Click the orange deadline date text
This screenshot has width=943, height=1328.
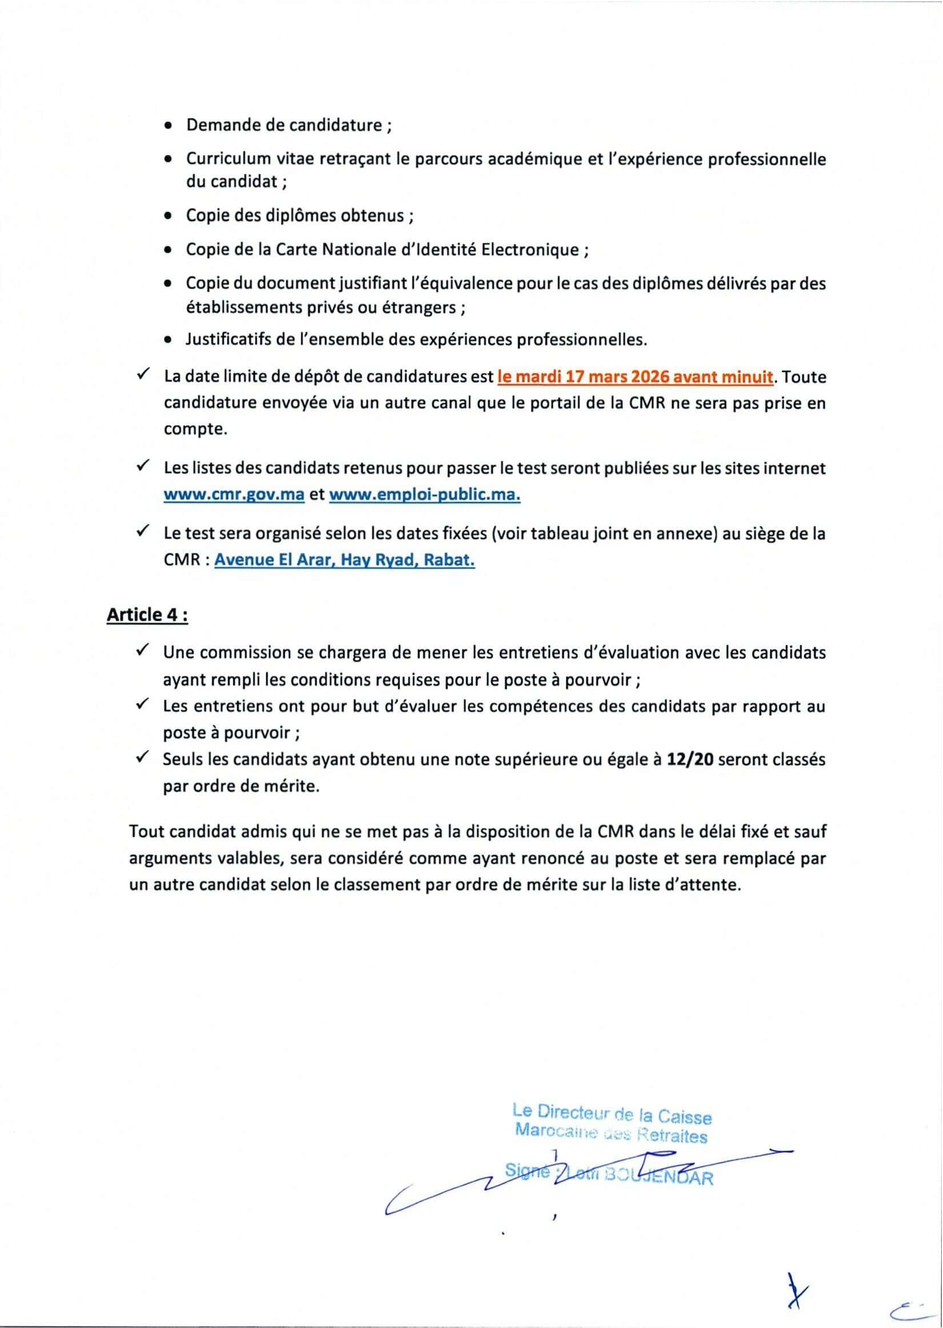tap(636, 377)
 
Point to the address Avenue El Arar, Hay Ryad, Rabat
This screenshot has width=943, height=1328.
tap(344, 561)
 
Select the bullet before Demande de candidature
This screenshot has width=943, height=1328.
tap(168, 125)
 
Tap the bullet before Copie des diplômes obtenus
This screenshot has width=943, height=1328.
tap(168, 216)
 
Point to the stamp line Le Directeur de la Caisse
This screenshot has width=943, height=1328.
tap(612, 1114)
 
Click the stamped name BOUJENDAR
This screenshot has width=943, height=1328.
tap(658, 1177)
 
